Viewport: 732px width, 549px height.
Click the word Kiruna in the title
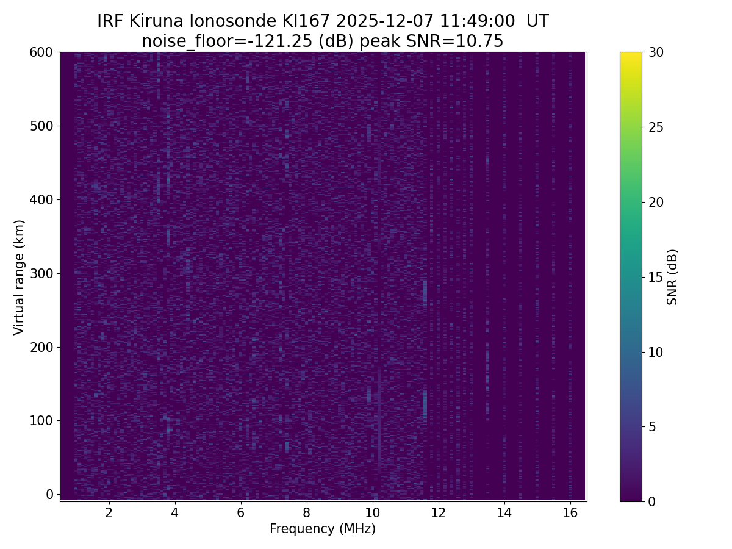coord(156,22)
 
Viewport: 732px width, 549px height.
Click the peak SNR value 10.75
coord(483,41)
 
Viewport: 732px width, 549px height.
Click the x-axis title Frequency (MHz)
coord(323,529)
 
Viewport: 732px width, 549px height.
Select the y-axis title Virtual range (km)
coord(20,277)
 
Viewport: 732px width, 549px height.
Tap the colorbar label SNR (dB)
coord(672,277)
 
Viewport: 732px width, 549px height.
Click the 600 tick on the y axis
coord(41,52)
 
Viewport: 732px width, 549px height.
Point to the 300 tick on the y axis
coord(41,273)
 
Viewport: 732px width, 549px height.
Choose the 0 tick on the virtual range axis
coord(50,494)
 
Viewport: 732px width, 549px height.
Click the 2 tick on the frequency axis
coord(109,512)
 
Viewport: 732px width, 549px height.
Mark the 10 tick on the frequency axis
coord(372,512)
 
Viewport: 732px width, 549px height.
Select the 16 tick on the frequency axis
coord(570,512)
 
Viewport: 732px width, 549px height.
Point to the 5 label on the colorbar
coord(651,426)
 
